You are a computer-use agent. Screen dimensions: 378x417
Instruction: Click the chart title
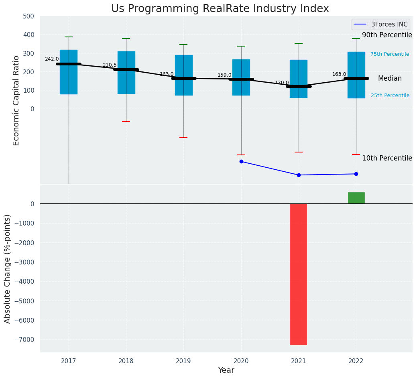click(x=220, y=9)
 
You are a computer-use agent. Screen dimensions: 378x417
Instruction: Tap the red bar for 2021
click(x=299, y=274)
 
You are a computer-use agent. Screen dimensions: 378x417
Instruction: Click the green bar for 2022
click(x=356, y=198)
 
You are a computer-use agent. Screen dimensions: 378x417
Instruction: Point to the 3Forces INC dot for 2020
click(x=241, y=161)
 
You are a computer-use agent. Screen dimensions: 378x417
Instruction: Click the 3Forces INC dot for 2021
click(x=299, y=175)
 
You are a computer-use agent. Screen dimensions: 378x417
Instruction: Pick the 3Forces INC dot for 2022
click(x=356, y=174)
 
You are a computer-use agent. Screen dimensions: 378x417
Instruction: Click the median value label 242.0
click(x=52, y=59)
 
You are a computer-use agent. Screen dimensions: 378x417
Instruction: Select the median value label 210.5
click(x=110, y=65)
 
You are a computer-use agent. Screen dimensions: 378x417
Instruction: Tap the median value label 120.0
click(x=282, y=83)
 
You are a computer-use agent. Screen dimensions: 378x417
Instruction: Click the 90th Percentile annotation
click(x=387, y=35)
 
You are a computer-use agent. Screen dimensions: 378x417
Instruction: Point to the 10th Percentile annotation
click(x=387, y=158)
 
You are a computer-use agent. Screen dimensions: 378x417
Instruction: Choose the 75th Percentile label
click(x=390, y=54)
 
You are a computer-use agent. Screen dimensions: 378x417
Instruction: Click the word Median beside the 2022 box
click(x=390, y=78)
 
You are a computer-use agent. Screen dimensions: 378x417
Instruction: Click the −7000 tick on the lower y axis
click(x=25, y=339)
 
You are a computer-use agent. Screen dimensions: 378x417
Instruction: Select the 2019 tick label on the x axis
click(x=183, y=361)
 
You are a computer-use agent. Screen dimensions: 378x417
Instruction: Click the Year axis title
click(x=226, y=370)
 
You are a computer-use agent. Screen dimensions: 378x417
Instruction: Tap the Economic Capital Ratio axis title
click(x=16, y=100)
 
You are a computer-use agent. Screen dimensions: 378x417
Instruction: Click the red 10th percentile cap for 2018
click(x=126, y=122)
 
